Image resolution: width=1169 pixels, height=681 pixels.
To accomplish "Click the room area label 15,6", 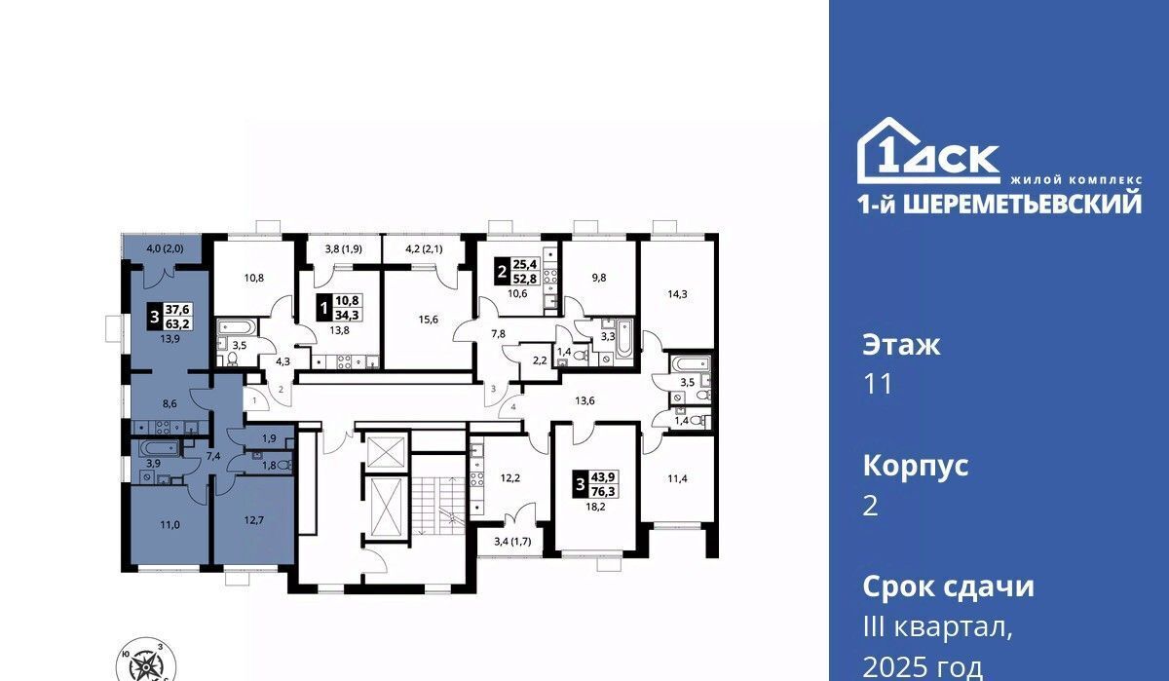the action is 428,320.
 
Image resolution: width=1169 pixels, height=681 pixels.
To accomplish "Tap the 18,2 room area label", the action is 595,507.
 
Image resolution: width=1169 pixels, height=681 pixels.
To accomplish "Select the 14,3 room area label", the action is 677,294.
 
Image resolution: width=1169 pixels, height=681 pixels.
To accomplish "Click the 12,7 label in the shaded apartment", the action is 253,519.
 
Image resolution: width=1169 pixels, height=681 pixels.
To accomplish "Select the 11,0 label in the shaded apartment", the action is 170,525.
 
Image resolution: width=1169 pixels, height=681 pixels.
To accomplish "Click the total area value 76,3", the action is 603,491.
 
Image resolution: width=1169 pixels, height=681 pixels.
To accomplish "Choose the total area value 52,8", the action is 525,280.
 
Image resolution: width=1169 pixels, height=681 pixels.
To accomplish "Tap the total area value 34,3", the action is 347,315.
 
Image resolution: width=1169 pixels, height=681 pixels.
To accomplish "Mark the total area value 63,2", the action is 177,324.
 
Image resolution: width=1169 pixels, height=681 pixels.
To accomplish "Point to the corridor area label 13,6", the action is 584,400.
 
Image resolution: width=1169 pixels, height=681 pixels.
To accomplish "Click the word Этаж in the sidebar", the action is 901,345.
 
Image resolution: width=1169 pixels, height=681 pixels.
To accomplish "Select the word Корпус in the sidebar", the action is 916,467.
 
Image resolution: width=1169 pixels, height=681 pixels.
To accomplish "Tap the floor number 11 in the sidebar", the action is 879,385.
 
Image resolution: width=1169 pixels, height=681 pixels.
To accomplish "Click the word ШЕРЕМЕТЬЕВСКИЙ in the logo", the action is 1021,203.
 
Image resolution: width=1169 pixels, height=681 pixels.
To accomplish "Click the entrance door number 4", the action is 513,407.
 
